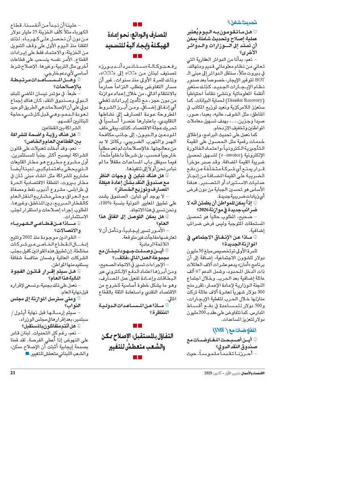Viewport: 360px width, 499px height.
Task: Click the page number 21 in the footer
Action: coord(13,373)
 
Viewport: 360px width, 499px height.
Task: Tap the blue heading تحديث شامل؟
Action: coord(242,23)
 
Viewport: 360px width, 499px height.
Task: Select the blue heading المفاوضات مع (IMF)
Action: coord(234,330)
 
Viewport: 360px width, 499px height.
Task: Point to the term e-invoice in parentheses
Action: coord(229,155)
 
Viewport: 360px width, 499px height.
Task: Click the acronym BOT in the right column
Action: coord(260,80)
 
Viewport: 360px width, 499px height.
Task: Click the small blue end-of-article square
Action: coord(27,354)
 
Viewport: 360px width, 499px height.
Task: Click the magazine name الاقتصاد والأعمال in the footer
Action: coord(253,373)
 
